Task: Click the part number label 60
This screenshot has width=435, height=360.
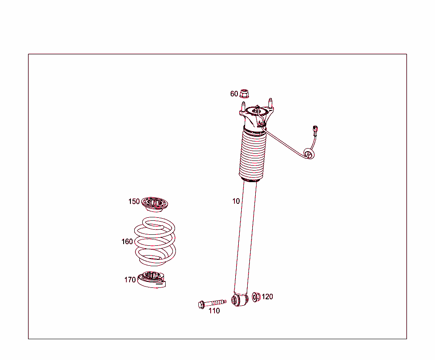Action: pos(234,94)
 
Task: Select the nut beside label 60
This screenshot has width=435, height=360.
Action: pos(244,93)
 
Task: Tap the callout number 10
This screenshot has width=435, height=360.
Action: pos(236,201)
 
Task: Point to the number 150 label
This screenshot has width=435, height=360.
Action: pos(134,202)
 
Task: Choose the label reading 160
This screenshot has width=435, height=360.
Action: pos(127,242)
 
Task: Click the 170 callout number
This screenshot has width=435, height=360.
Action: pos(130,280)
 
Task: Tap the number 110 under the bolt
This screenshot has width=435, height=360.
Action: pos(214,311)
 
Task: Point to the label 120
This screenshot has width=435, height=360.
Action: pos(267,297)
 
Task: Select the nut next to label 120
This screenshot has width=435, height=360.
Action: pos(256,297)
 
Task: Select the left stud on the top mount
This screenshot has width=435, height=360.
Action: pos(243,106)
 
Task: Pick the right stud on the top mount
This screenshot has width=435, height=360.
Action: pos(270,102)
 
